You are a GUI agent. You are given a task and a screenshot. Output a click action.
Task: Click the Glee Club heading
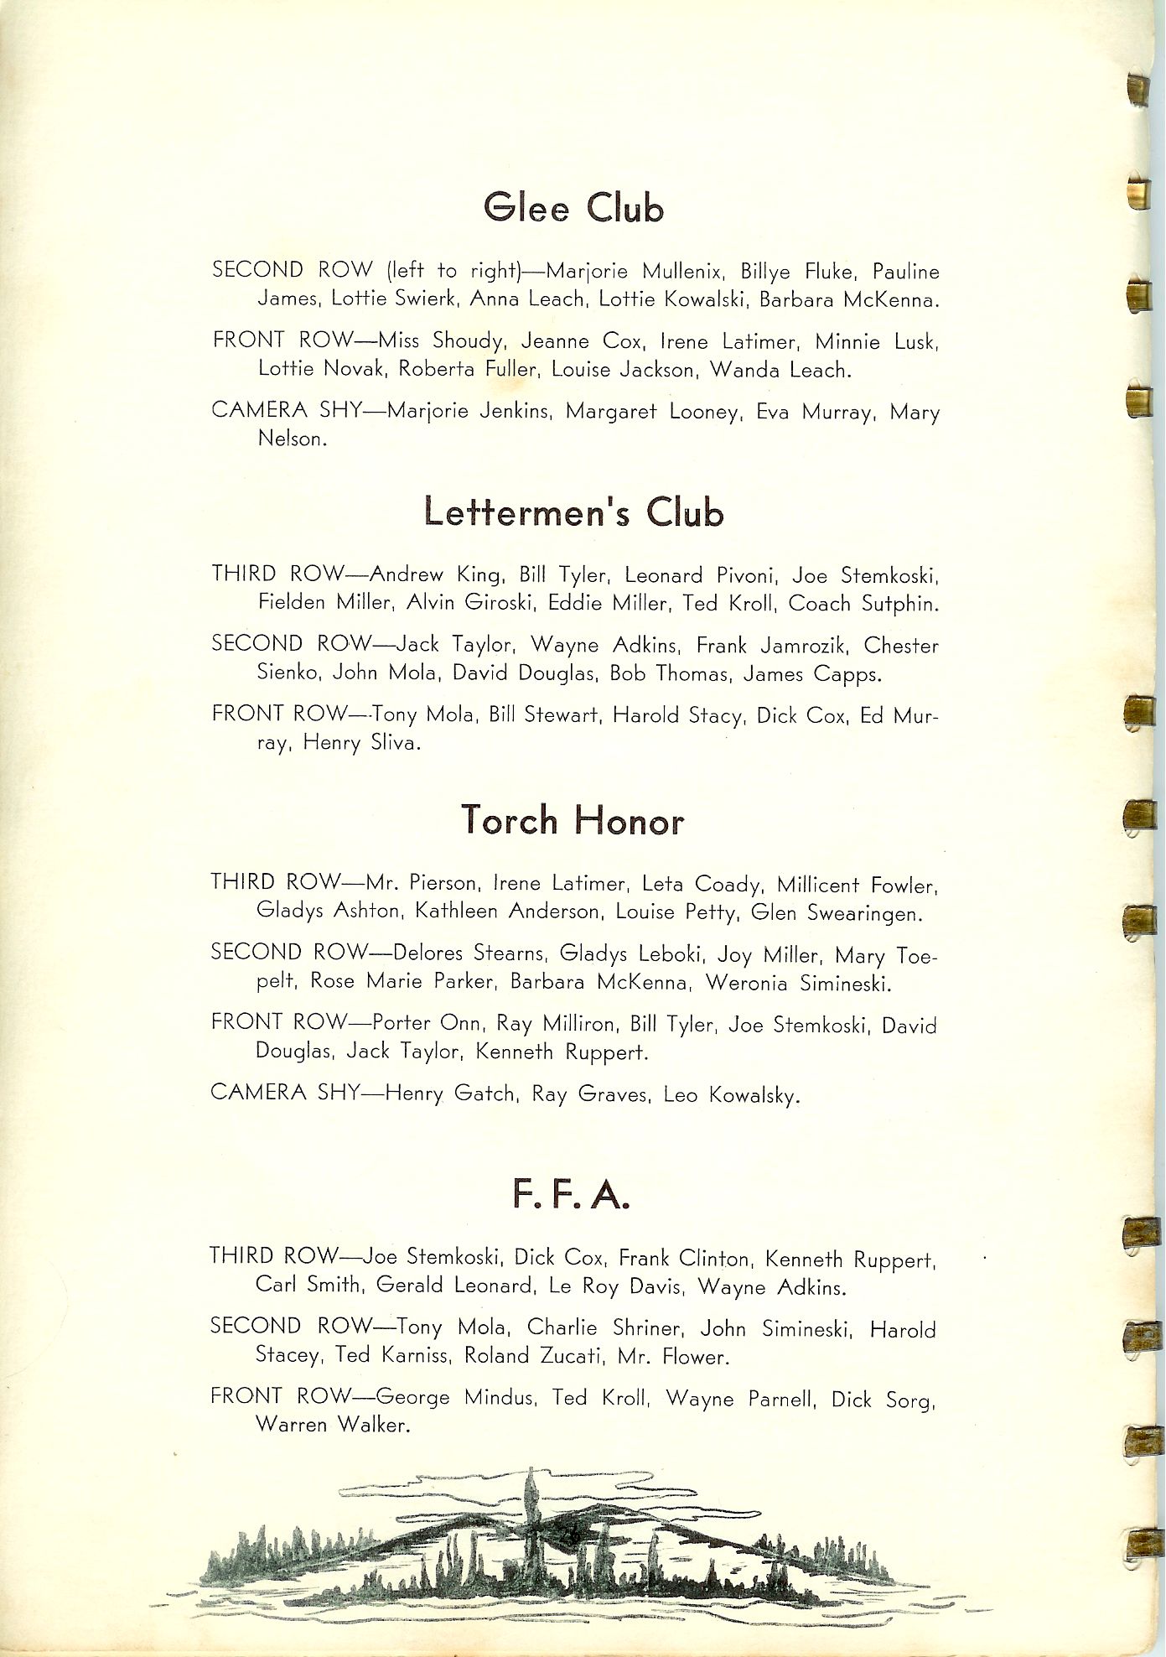(573, 208)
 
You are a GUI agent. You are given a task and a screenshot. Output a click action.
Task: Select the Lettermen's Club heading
(573, 512)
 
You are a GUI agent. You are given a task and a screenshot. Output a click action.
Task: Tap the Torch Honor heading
(573, 820)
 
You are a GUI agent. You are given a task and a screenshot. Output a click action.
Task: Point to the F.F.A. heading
(570, 1195)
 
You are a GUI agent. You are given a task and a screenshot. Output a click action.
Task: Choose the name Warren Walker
(332, 1425)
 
